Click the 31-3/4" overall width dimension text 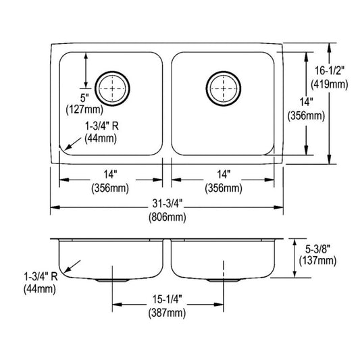point(168,203)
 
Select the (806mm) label point(168,217)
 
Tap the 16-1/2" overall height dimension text point(330,71)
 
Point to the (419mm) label point(330,84)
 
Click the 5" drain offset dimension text point(84,98)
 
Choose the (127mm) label point(84,109)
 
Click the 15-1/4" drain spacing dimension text point(167,299)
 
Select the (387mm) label point(167,313)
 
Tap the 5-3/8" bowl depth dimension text point(317,249)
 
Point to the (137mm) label point(317,261)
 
